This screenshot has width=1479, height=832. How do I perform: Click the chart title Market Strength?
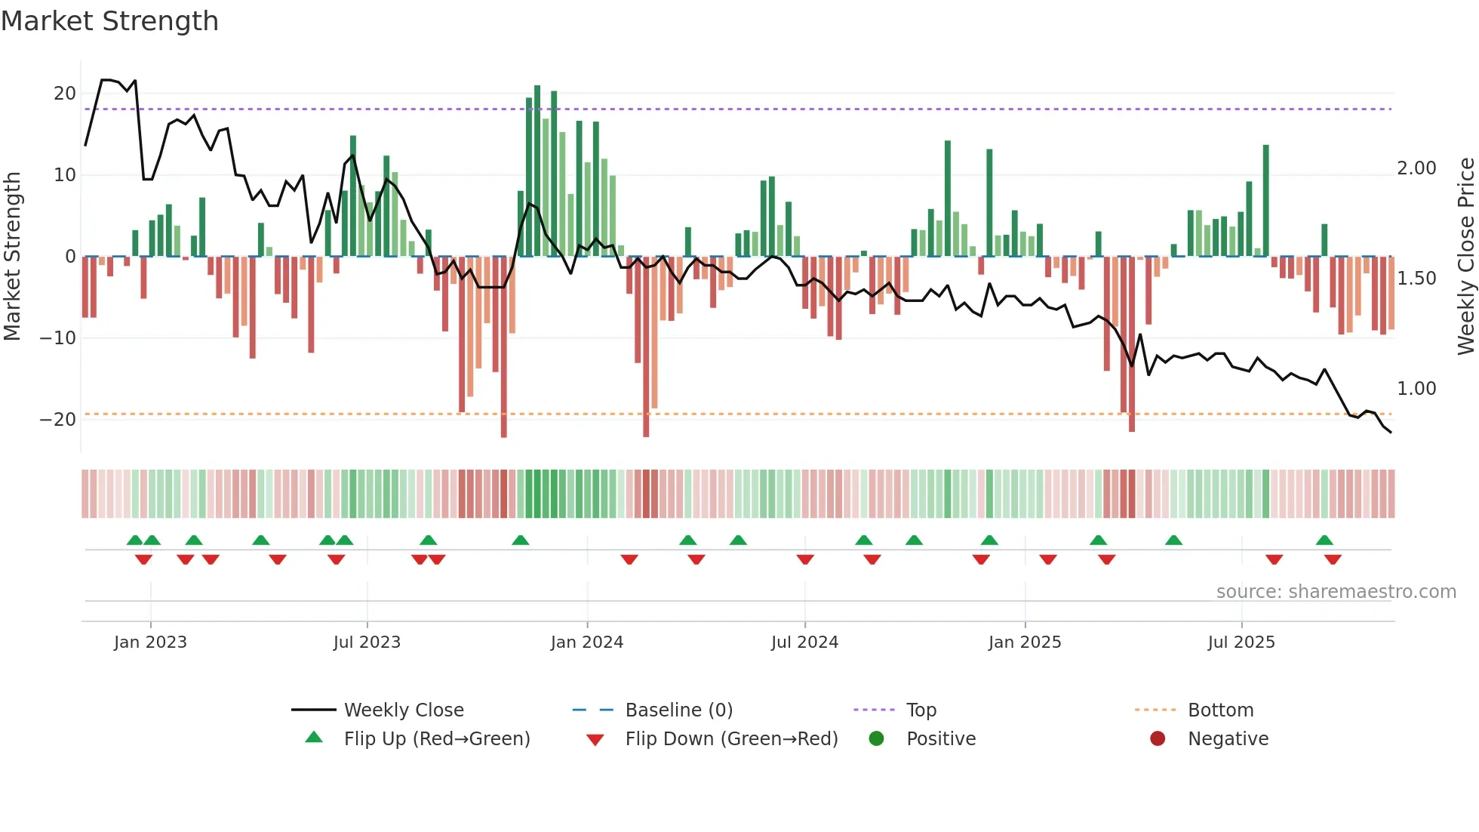tap(109, 21)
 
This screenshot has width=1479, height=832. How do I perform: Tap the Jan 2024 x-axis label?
tap(586, 642)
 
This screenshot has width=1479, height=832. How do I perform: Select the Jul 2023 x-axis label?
tap(367, 642)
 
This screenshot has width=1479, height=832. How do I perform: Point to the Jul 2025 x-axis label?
tap(1241, 642)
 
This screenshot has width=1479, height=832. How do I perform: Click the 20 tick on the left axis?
tap(65, 94)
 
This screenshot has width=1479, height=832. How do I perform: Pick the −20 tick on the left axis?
tap(58, 420)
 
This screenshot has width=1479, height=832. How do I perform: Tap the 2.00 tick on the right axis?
tap(1416, 168)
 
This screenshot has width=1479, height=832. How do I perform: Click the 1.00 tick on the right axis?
tap(1416, 389)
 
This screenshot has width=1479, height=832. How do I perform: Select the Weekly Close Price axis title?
tap(1465, 257)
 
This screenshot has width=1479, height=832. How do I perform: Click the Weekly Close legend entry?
tap(404, 710)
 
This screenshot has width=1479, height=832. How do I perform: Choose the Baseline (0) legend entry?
tap(678, 710)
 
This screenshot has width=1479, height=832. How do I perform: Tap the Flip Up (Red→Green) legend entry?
tap(436, 739)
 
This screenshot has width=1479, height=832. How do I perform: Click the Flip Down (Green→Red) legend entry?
tap(730, 739)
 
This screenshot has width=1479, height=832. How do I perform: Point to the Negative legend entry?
tap(1227, 739)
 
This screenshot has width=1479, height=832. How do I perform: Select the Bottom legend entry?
tap(1220, 710)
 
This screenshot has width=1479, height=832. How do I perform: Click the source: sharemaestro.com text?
tap(1336, 592)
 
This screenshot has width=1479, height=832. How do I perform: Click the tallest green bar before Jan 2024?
tap(537, 170)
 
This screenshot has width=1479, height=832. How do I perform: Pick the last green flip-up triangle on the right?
tap(1324, 541)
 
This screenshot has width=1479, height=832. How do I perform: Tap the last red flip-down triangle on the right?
tap(1333, 559)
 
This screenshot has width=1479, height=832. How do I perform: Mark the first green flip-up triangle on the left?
tap(135, 541)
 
